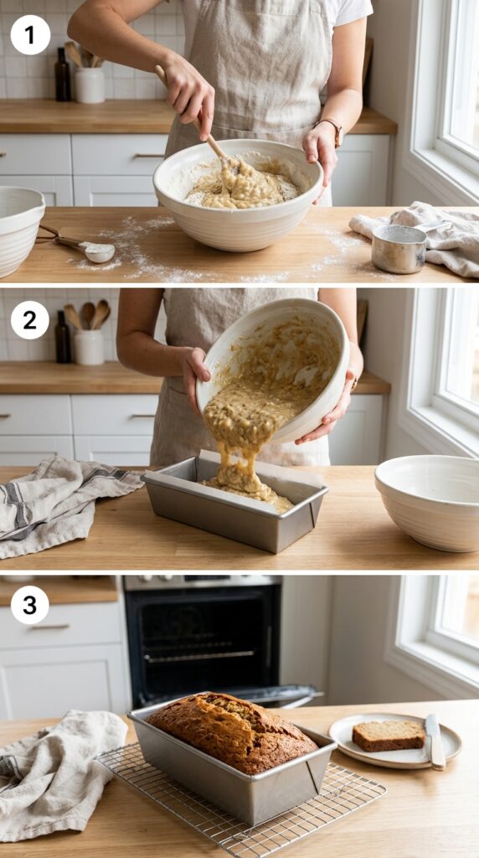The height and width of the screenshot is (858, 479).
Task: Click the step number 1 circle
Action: pos(30,35)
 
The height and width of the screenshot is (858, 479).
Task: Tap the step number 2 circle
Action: pos(29,320)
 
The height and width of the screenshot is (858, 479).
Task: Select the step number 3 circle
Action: pos(29,605)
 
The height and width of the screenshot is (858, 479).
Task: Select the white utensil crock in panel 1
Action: pos(90,85)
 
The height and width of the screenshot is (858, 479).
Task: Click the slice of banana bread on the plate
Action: pos(389,735)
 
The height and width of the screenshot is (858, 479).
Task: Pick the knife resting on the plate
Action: pos(435,741)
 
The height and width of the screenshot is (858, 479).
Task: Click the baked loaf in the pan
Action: pos(233,731)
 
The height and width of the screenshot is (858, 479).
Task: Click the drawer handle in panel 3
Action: pos(50,627)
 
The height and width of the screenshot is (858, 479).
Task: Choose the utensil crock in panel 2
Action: pos(89,347)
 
